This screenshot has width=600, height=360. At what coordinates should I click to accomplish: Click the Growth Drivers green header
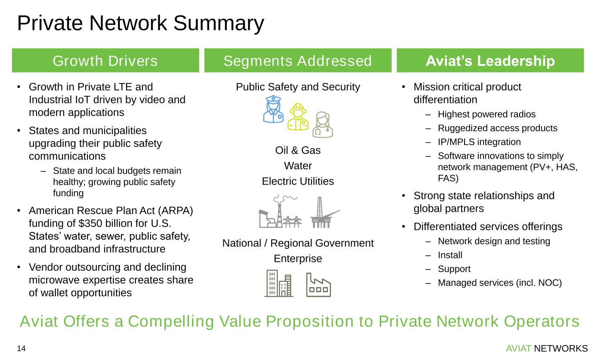point(105,61)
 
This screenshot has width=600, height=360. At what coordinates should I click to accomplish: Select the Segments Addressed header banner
point(298,61)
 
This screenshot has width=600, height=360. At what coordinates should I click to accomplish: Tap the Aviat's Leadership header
point(490,61)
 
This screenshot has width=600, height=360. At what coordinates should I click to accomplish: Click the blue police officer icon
point(273,109)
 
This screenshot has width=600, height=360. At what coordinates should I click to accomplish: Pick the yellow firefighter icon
point(298,117)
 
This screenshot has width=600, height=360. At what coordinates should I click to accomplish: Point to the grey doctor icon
point(323,125)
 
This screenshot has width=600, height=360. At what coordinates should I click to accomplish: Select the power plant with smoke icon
point(280,211)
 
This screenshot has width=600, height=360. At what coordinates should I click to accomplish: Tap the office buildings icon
point(279,284)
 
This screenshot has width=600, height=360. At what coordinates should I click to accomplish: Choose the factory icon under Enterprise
point(319,285)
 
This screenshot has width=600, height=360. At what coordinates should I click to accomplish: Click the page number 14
point(21,349)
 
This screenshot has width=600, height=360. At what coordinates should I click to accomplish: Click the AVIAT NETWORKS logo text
point(547,349)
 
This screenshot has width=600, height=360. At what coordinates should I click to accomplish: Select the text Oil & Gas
point(298,150)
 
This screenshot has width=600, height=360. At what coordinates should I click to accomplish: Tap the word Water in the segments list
point(298,166)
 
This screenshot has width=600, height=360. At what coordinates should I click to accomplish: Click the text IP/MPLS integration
point(479,142)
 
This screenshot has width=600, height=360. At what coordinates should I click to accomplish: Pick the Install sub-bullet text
point(450,255)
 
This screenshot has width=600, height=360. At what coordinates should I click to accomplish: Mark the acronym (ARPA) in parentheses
point(175,211)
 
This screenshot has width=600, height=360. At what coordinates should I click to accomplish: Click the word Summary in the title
point(218,24)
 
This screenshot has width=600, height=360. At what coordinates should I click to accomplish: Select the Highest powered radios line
point(487,114)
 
